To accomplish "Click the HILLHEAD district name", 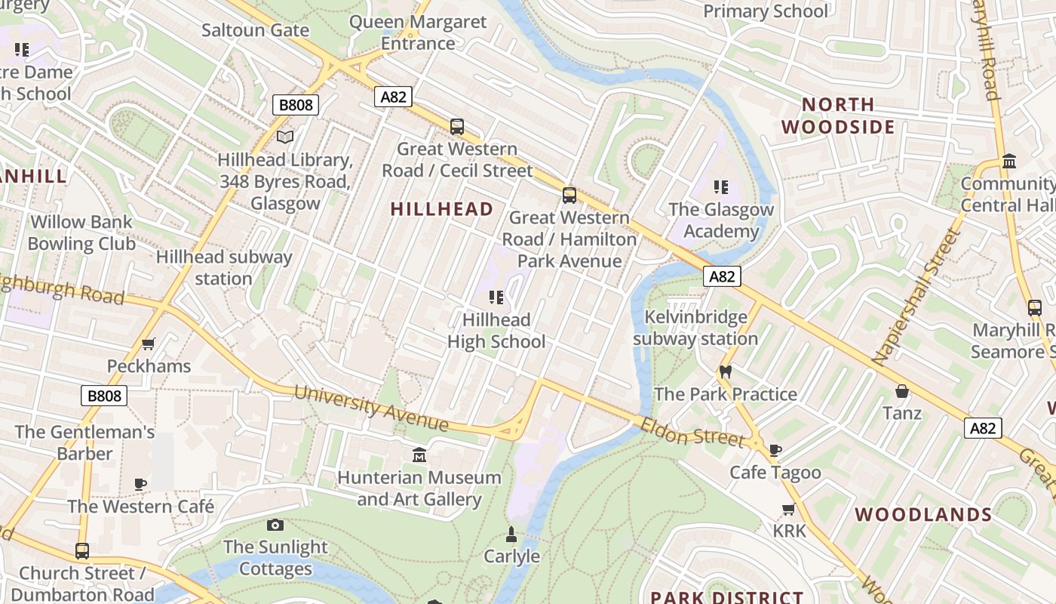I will tap(442, 209).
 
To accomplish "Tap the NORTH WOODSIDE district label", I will tap(838, 116).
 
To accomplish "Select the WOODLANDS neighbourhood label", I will tap(923, 515).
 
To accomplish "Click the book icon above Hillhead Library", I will tap(284, 137).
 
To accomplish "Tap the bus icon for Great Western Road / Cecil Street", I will tap(457, 126).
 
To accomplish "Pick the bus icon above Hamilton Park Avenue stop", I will tap(569, 195).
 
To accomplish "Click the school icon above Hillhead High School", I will tap(496, 297).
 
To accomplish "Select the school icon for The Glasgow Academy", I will tap(721, 187).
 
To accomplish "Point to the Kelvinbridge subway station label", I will tap(695, 328).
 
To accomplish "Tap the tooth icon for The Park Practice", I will tap(726, 371).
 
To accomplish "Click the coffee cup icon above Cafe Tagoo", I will tap(775, 451).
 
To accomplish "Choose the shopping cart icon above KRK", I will tap(789, 509).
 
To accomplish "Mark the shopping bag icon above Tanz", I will tap(901, 391).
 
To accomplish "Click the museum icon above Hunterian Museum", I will tap(419, 455).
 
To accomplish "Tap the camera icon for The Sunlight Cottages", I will tap(275, 525).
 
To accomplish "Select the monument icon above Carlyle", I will tap(511, 535).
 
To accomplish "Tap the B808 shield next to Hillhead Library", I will tap(296, 105).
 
